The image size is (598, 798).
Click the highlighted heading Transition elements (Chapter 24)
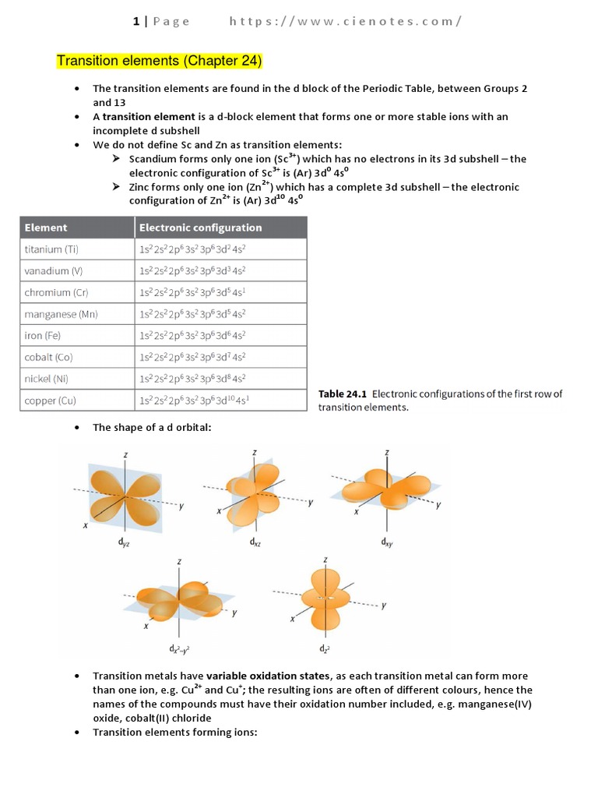tap(160, 61)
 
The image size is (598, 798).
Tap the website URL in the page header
tap(345, 21)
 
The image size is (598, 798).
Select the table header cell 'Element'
tap(47, 228)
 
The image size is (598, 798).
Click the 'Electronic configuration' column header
tap(200, 228)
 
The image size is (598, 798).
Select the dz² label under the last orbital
tap(324, 648)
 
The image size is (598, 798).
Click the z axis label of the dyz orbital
tap(125, 454)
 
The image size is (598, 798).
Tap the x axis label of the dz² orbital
tap(293, 619)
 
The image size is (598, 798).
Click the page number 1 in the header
tap(135, 21)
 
